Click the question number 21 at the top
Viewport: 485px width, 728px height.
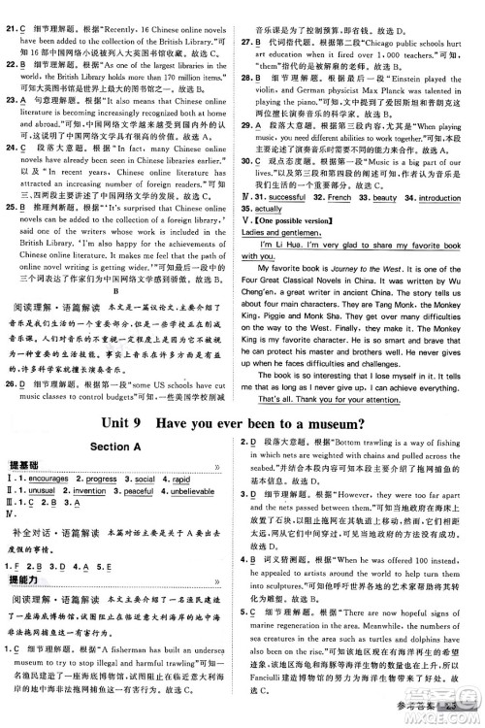[12, 9]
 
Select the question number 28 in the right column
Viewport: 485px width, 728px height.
[262, 73]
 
